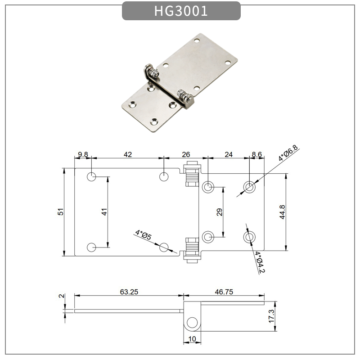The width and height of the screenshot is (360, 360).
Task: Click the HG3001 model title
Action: click(x=181, y=11)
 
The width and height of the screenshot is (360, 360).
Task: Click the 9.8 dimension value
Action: click(x=83, y=154)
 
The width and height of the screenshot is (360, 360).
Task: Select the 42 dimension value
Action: click(x=128, y=154)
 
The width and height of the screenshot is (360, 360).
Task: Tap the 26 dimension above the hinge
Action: click(x=186, y=154)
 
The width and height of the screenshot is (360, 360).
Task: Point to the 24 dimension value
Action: click(x=229, y=154)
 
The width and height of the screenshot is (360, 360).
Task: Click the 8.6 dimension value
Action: click(x=257, y=154)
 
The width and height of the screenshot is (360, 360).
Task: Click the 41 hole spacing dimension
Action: click(x=103, y=212)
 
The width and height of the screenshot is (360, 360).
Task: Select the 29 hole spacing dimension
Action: click(x=220, y=212)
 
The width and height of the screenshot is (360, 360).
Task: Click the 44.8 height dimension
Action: click(x=282, y=212)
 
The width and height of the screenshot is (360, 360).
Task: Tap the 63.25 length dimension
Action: click(x=129, y=292)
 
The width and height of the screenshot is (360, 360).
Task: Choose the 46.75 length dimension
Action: click(x=224, y=292)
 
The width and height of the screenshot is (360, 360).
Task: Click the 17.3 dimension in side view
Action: click(x=271, y=315)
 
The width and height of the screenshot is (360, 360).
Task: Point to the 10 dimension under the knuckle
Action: click(x=192, y=339)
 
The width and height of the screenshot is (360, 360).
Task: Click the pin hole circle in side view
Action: click(x=192, y=322)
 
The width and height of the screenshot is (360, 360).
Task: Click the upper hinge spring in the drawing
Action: click(x=192, y=175)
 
